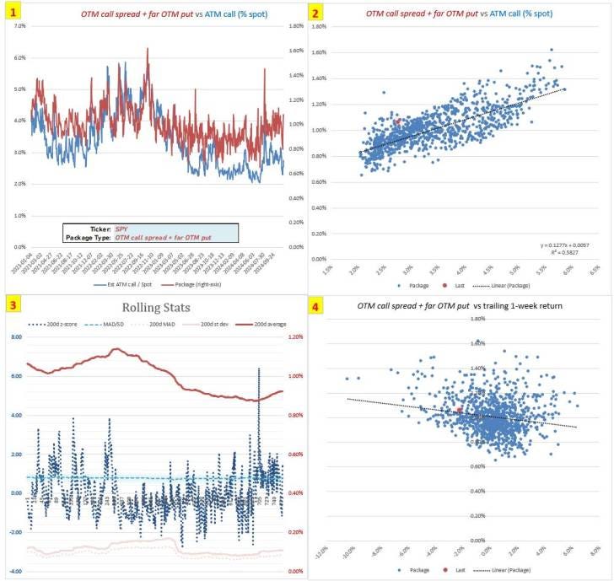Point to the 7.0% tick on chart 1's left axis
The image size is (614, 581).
coord(17,26)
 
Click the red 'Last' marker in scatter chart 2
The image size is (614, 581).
coord(398,121)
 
